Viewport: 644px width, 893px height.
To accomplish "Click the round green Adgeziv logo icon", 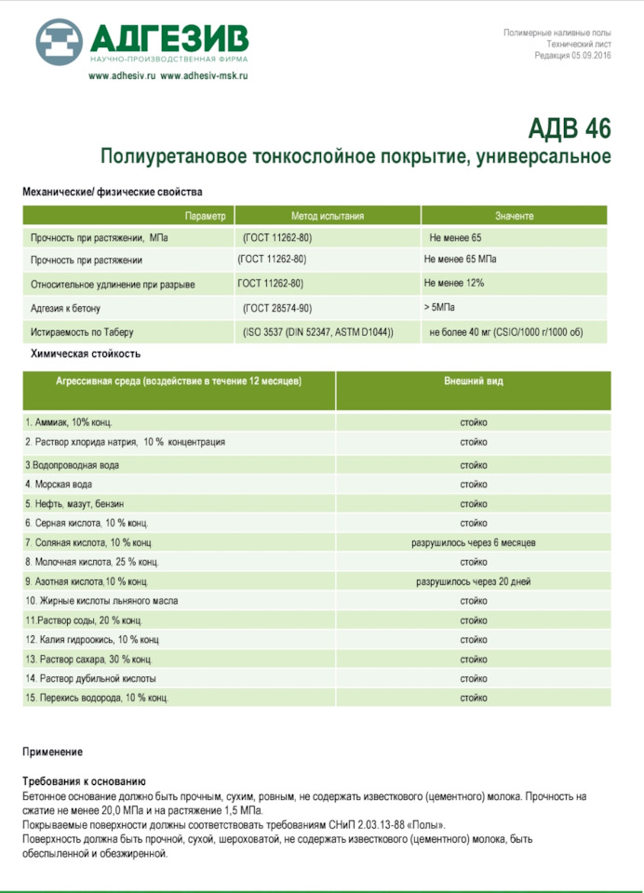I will (x=60, y=41).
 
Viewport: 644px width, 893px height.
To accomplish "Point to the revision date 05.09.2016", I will (x=585, y=55).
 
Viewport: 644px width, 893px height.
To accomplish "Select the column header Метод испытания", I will (x=328, y=216).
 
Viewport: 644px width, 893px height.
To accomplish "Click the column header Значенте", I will (x=514, y=216).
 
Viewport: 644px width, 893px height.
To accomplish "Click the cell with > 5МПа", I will (x=439, y=306).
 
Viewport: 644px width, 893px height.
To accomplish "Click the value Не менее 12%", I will (x=453, y=283).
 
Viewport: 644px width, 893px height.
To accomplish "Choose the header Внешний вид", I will (x=473, y=381).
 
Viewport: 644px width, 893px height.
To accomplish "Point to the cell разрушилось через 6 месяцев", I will (x=473, y=542).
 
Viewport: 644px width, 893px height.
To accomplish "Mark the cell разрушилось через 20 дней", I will (x=473, y=581).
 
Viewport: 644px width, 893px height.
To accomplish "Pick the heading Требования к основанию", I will (x=84, y=781).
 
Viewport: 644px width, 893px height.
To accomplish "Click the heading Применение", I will (x=52, y=752).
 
